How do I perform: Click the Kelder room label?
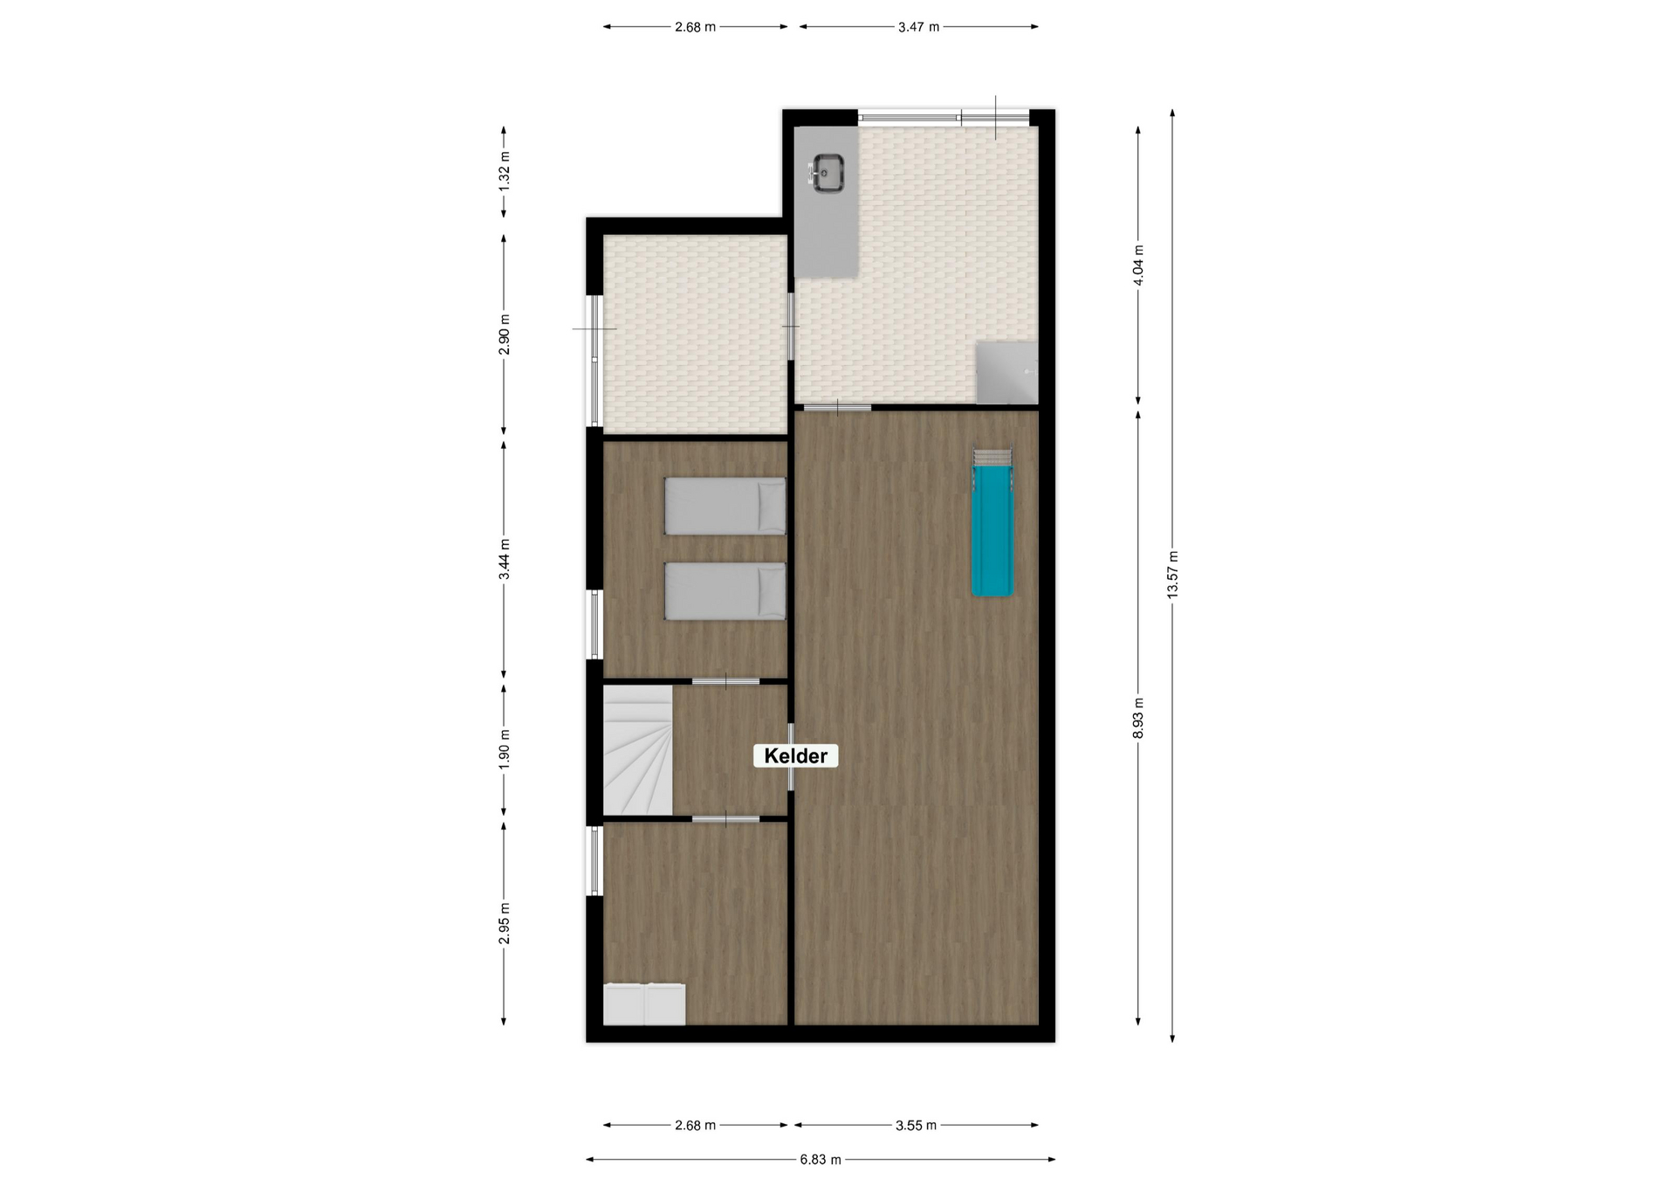pyautogui.click(x=795, y=755)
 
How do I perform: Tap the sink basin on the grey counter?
pyautogui.click(x=827, y=172)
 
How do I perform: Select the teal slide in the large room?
pyautogui.click(x=993, y=530)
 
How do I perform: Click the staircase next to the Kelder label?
pyautogui.click(x=638, y=749)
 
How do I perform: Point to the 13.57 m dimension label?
pyautogui.click(x=1172, y=574)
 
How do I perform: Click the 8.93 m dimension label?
pyautogui.click(x=1138, y=718)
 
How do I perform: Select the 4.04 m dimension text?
pyautogui.click(x=1138, y=265)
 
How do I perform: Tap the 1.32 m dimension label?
pyautogui.click(x=504, y=171)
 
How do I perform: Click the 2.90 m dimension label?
pyautogui.click(x=504, y=334)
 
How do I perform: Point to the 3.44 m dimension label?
pyautogui.click(x=504, y=560)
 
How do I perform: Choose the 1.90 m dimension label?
pyautogui.click(x=504, y=749)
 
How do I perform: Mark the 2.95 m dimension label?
pyautogui.click(x=504, y=923)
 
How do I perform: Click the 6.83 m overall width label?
pyautogui.click(x=821, y=1160)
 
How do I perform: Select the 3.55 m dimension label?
pyautogui.click(x=916, y=1126)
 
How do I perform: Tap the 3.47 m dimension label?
pyautogui.click(x=918, y=27)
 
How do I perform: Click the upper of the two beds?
pyautogui.click(x=725, y=506)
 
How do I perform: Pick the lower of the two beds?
pyautogui.click(x=725, y=591)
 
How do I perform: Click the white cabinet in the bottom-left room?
pyautogui.click(x=644, y=1004)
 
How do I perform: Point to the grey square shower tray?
pyautogui.click(x=1006, y=373)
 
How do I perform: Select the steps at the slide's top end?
pyautogui.click(x=993, y=457)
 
